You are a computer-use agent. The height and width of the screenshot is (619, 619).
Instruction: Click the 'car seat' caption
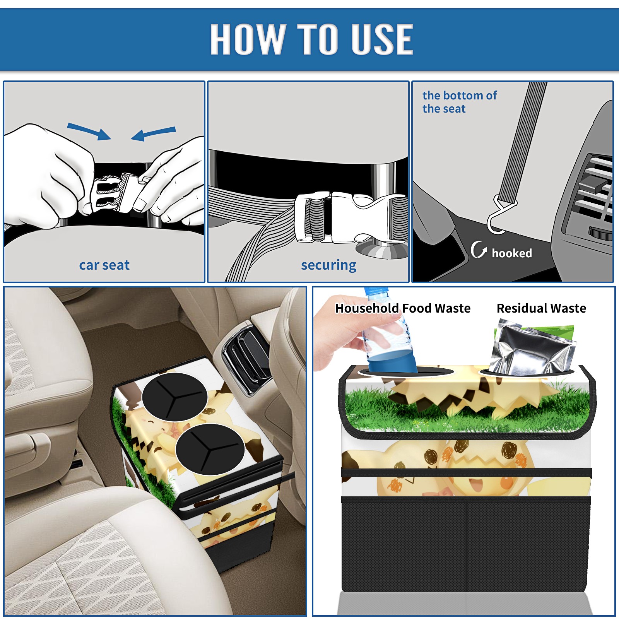(x=104, y=265)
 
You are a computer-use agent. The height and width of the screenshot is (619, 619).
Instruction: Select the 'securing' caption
(x=328, y=265)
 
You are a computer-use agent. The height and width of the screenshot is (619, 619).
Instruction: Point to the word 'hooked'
(x=512, y=253)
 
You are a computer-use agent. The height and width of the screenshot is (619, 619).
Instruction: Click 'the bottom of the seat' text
(x=459, y=102)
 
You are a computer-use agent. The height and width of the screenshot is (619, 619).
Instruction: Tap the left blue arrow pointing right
(x=89, y=131)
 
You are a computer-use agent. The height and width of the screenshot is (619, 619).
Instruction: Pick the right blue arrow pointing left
(x=154, y=133)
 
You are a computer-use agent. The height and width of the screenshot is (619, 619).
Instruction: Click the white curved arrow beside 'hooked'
(x=478, y=250)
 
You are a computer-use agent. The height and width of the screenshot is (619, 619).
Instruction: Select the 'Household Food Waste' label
(x=403, y=308)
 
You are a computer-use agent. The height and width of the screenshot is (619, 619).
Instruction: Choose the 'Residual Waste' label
(x=541, y=308)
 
